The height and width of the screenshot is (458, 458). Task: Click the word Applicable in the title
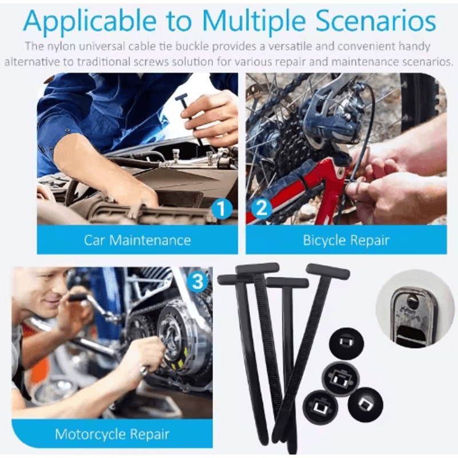point(90,22)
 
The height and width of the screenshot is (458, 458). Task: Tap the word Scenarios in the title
point(376,21)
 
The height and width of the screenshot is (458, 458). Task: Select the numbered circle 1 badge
point(222,209)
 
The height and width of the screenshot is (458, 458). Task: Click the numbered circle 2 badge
point(262,209)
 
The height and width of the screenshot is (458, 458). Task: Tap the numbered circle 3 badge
point(198,282)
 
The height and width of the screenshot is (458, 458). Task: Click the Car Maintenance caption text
point(137,240)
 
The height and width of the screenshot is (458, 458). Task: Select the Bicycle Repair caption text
point(346,240)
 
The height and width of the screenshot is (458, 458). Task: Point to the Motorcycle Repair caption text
point(112,434)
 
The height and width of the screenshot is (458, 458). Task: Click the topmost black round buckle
point(346,342)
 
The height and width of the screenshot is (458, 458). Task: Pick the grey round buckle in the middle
point(341,378)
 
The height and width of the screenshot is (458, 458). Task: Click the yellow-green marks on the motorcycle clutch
point(175,364)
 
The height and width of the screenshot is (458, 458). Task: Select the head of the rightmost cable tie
point(327,271)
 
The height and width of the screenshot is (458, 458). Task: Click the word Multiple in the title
point(254,22)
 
